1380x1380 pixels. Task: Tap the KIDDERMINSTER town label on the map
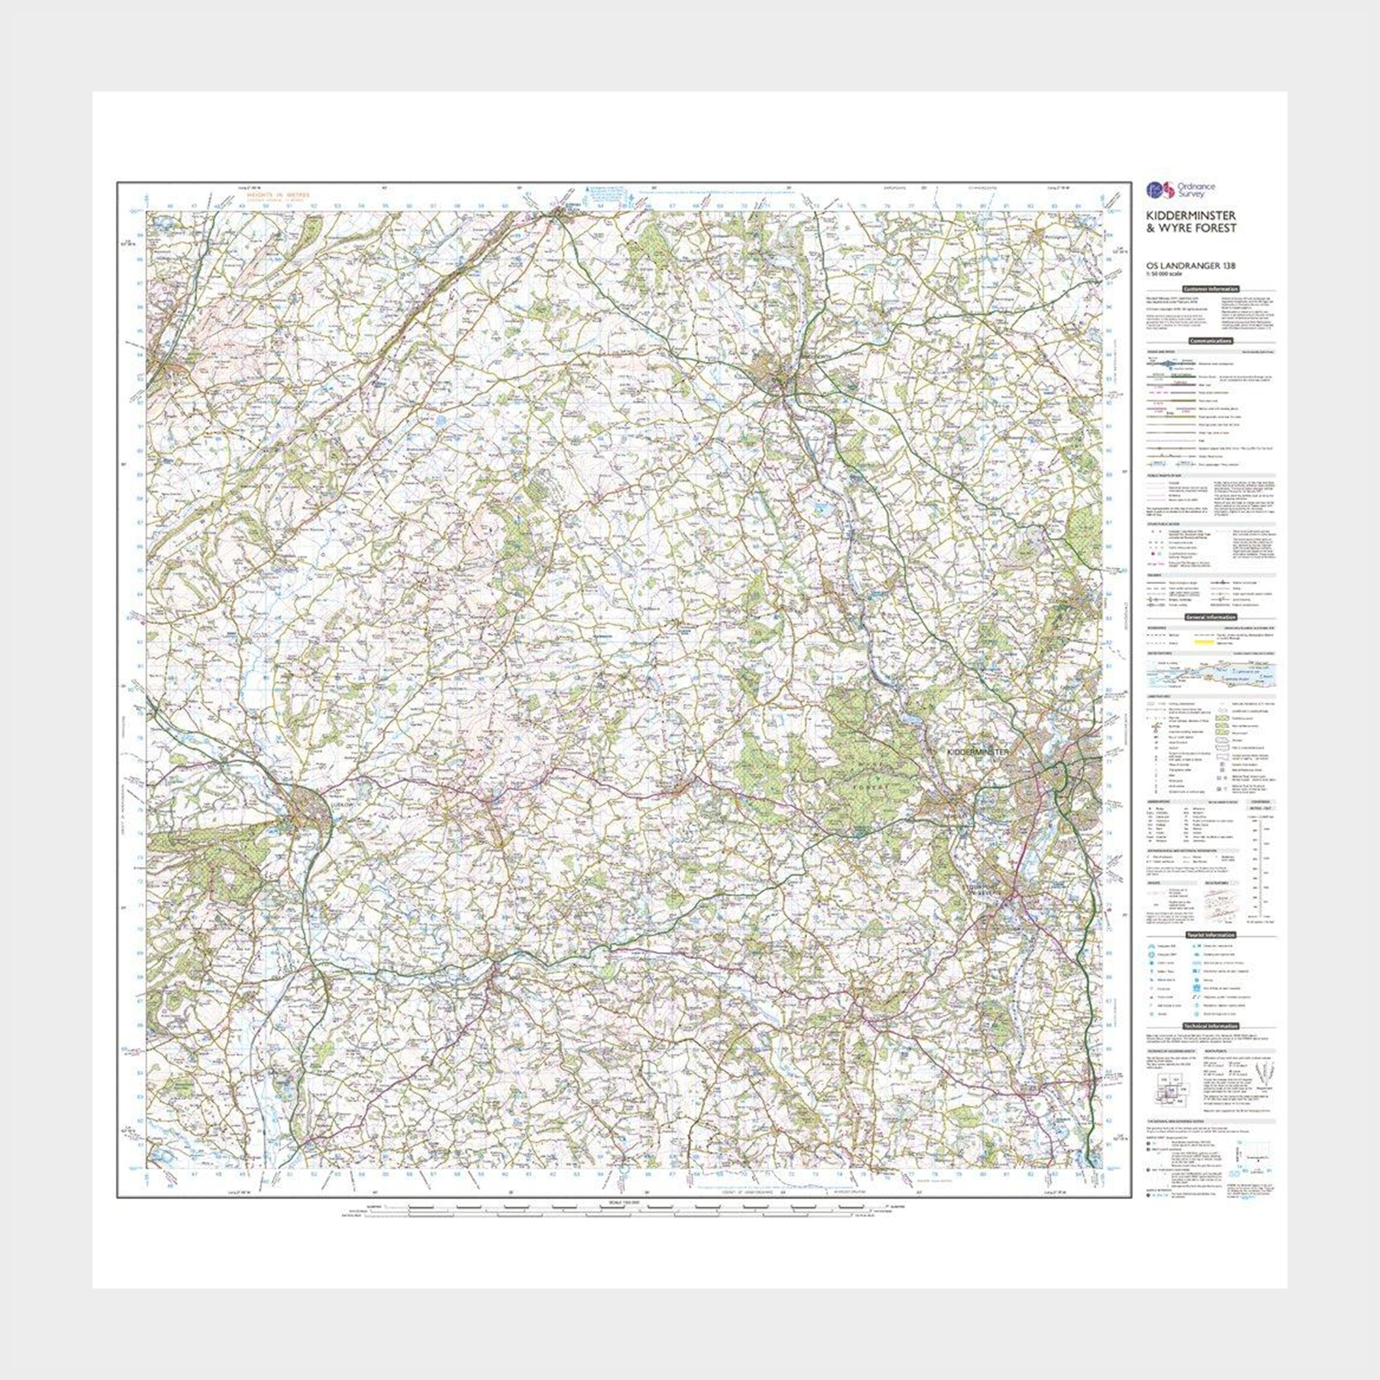coord(976,753)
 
